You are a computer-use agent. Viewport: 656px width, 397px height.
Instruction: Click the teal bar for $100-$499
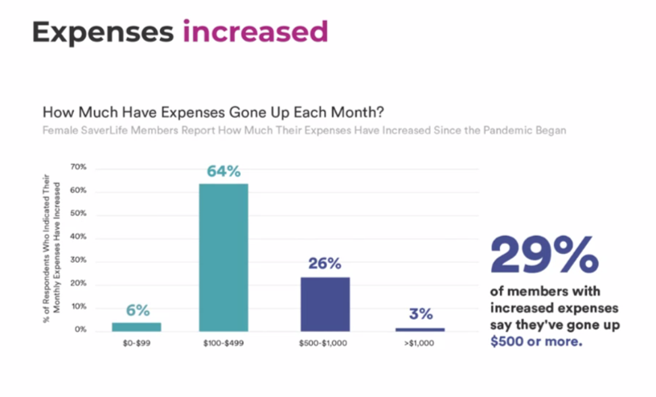tap(223, 258)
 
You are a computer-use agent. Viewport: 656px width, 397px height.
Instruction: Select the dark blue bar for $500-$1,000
tap(325, 305)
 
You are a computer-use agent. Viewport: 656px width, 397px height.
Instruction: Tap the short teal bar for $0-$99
tap(137, 327)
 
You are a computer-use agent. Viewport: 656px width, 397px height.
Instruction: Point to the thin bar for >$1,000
tap(420, 329)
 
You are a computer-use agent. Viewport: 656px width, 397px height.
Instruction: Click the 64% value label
tap(223, 171)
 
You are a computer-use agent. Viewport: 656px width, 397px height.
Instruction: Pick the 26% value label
tap(325, 263)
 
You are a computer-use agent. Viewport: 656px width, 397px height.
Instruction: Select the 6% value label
tap(137, 310)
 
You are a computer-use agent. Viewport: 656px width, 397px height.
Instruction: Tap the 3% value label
tap(421, 313)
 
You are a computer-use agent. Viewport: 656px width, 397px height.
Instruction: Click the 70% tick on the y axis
tap(79, 167)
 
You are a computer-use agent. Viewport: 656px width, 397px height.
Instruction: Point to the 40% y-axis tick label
tap(79, 237)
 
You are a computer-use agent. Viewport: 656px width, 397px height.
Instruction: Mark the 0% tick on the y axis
tap(80, 329)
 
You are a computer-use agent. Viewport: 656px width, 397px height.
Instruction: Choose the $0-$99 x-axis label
tap(137, 343)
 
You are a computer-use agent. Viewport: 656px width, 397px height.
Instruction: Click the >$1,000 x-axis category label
tap(419, 343)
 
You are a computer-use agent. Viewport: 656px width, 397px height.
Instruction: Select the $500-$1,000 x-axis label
tap(323, 343)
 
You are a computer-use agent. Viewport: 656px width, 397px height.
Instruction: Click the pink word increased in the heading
tap(255, 31)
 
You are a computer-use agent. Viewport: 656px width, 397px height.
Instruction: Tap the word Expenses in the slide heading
tap(103, 33)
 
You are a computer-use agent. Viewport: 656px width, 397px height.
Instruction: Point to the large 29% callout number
tap(544, 255)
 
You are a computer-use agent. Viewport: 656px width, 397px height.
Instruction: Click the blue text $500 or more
tap(536, 342)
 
